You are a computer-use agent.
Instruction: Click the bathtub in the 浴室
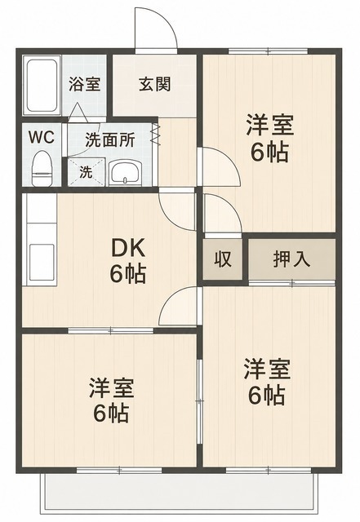point(42,86)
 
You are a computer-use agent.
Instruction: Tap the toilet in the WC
point(42,169)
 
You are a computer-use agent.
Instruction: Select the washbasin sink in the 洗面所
point(126,172)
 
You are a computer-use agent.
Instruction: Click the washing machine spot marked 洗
point(87,172)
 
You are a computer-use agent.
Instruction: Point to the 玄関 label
point(154,84)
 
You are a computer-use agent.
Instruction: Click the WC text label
point(42,137)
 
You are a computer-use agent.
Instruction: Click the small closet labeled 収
point(222,259)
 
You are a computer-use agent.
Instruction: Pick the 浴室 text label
point(84,84)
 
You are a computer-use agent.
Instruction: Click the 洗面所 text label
point(109,140)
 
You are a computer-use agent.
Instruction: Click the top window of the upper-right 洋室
point(269,51)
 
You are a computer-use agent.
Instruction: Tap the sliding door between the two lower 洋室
point(200,402)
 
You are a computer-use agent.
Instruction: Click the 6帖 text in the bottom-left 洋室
point(111,414)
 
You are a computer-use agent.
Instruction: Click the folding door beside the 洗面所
point(154,134)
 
